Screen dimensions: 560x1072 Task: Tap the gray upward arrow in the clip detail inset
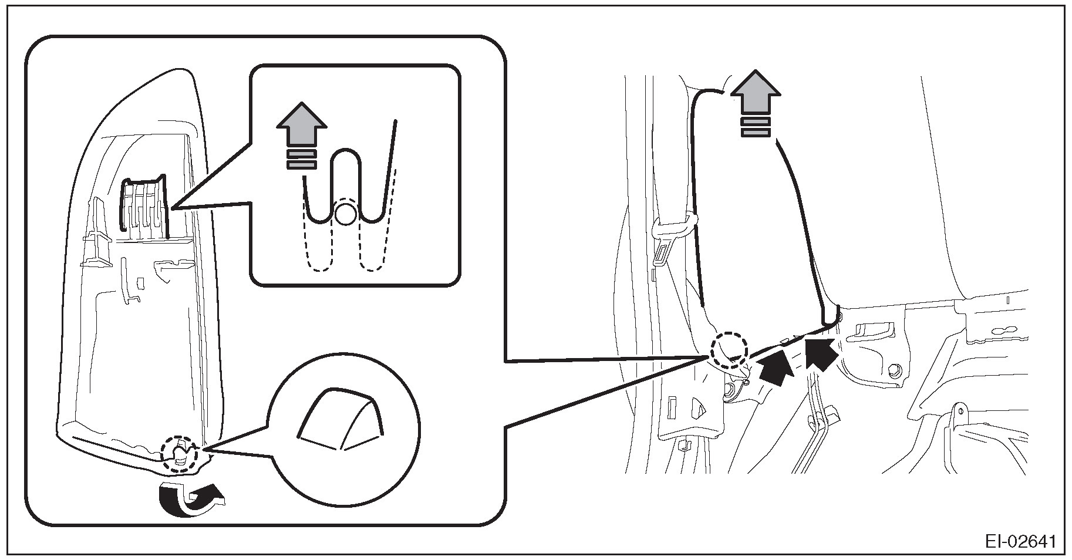(x=301, y=127)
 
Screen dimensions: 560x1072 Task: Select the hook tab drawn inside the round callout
(x=339, y=420)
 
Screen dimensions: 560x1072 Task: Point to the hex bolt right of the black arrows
(x=895, y=370)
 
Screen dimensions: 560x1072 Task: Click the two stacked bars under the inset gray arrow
(x=301, y=160)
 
